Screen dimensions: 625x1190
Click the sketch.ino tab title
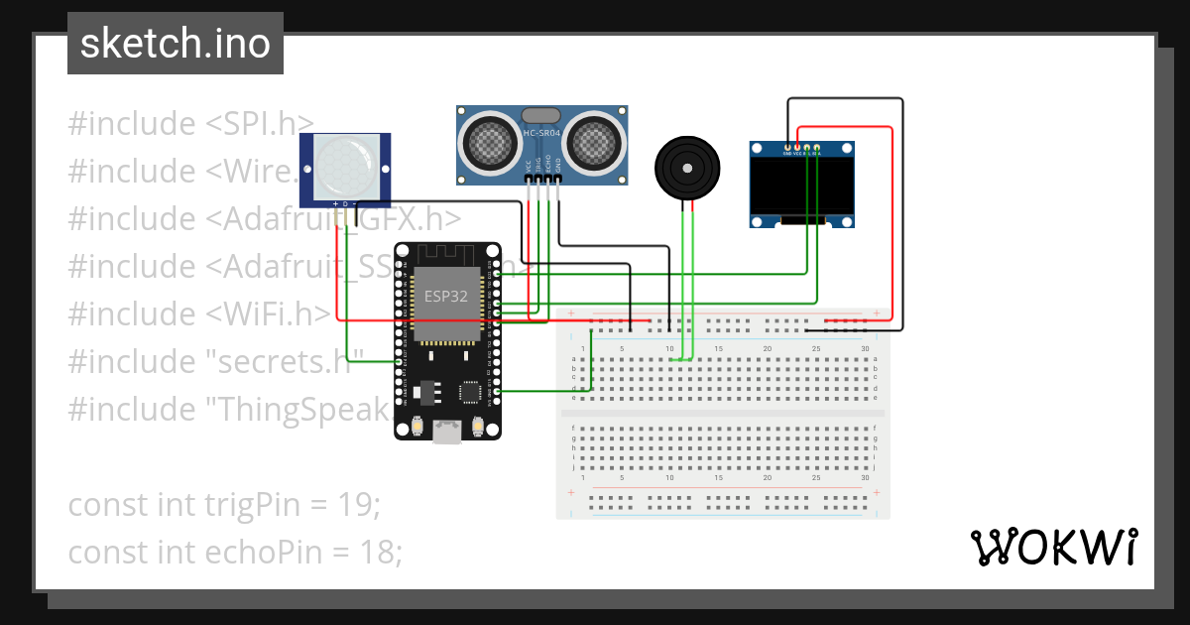[x=175, y=44]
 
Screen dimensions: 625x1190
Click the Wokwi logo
[x=1052, y=547]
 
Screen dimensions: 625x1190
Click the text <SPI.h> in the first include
[x=260, y=124]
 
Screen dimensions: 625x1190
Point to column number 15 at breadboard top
[x=718, y=349]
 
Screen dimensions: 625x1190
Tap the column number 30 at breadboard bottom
[x=865, y=478]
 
